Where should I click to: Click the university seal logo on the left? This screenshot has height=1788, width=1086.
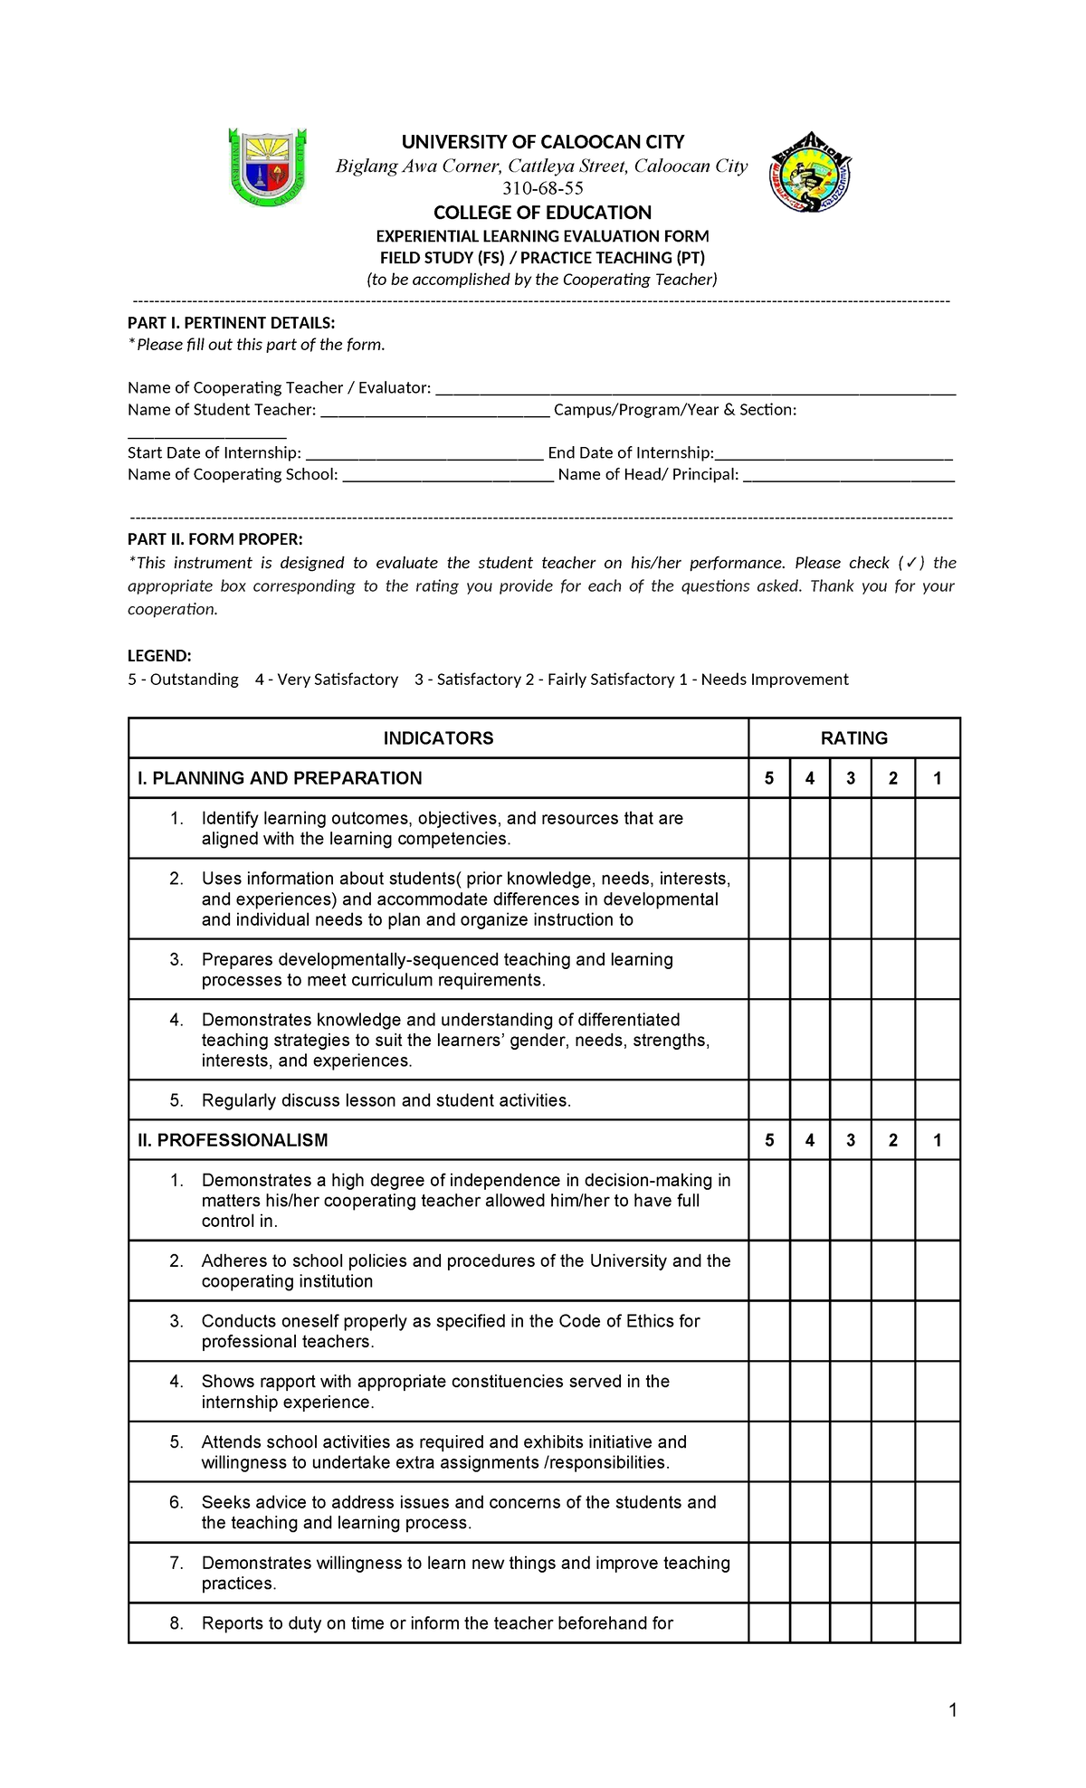click(x=267, y=167)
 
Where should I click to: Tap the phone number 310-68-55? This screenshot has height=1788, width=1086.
click(x=543, y=188)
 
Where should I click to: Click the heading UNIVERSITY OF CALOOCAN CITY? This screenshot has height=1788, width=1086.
click(x=543, y=142)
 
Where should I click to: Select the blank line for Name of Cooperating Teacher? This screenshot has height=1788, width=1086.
click(x=695, y=389)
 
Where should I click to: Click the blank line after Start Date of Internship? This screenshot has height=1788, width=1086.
click(x=424, y=454)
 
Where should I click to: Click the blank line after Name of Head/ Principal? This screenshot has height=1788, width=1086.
click(x=848, y=476)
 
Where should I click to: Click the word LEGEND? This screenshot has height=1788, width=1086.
click(x=159, y=656)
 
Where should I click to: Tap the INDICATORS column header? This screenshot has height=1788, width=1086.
click(x=438, y=738)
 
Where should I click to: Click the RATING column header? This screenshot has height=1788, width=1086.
click(x=853, y=738)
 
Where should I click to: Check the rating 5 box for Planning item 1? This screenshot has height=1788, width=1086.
click(x=769, y=828)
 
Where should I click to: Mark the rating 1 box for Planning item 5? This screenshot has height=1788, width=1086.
click(x=937, y=1100)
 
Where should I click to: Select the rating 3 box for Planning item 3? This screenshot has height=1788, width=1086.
click(x=851, y=969)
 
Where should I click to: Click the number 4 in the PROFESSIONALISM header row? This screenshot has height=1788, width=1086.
click(x=810, y=1140)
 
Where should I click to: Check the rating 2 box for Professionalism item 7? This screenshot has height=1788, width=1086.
click(x=893, y=1573)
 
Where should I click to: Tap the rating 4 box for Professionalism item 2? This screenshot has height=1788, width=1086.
click(x=810, y=1270)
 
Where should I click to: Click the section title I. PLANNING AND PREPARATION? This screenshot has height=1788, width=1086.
click(x=280, y=778)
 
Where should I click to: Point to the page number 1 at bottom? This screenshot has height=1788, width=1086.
click(x=952, y=1710)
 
